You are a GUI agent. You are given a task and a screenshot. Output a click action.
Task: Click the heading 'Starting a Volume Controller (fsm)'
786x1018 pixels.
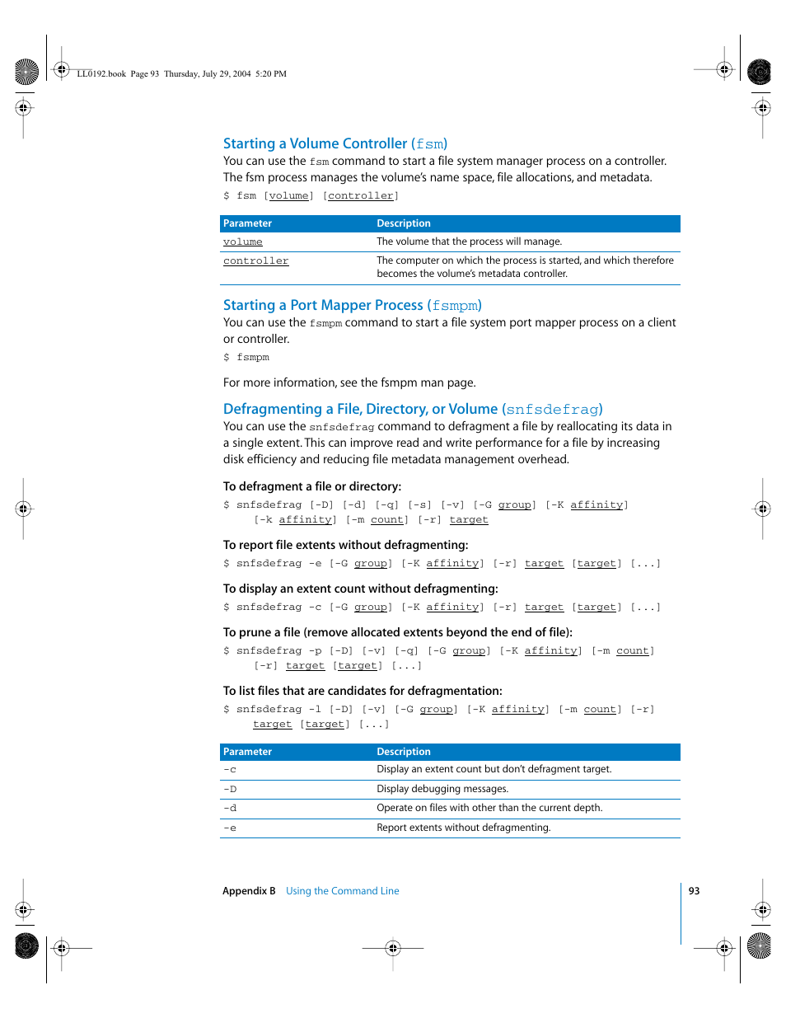(335, 143)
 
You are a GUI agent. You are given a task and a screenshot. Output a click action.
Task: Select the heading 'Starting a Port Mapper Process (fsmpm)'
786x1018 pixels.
(352, 305)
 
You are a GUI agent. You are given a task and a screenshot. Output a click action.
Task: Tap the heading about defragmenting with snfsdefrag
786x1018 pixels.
(412, 409)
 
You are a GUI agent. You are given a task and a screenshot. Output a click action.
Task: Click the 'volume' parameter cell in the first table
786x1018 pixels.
(243, 242)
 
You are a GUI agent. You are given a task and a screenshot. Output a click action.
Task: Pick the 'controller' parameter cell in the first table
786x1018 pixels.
(256, 260)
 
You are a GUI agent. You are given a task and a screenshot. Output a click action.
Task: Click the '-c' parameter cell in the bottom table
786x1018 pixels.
(230, 770)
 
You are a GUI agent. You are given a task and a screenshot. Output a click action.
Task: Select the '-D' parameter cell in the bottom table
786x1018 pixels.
(230, 790)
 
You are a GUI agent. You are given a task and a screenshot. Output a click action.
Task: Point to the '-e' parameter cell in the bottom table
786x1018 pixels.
(230, 828)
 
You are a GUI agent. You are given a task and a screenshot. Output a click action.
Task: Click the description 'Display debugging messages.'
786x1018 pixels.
(442, 789)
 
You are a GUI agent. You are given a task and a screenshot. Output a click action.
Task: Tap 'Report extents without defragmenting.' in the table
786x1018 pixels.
(463, 828)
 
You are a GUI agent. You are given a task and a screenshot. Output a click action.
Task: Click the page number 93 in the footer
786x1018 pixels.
(694, 891)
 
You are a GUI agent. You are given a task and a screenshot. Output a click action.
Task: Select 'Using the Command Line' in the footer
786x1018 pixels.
(342, 891)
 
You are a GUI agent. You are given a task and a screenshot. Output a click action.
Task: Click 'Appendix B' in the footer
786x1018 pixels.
(249, 891)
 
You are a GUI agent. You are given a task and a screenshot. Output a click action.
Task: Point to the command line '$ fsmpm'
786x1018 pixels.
(246, 358)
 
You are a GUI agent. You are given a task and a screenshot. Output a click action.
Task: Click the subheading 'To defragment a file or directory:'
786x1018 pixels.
(312, 486)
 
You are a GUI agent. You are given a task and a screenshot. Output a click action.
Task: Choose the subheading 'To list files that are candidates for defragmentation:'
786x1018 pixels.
(363, 691)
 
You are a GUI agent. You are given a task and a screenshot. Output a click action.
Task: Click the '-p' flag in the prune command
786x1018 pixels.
(315, 651)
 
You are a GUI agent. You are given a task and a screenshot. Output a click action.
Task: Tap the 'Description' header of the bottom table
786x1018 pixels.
(404, 752)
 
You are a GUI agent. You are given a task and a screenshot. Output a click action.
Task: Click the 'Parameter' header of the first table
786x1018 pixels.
(247, 223)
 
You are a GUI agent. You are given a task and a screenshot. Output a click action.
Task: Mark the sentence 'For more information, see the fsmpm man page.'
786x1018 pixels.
(349, 382)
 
